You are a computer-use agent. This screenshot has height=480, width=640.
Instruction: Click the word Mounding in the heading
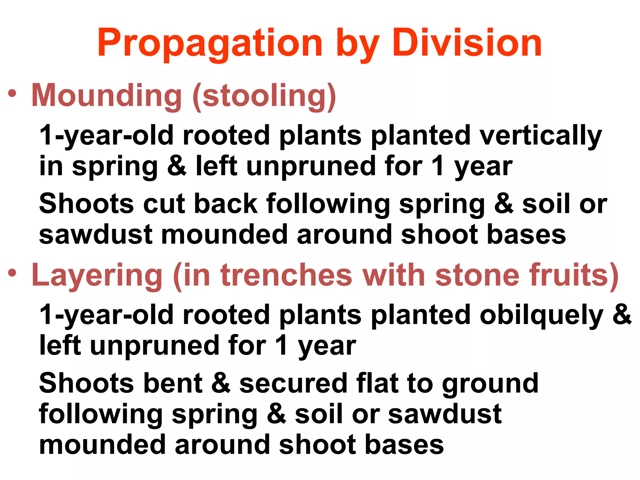pos(107,95)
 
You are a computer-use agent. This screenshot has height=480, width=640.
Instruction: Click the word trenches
pos(286,275)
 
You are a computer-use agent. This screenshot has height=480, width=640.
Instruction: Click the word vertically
pos(540,136)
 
